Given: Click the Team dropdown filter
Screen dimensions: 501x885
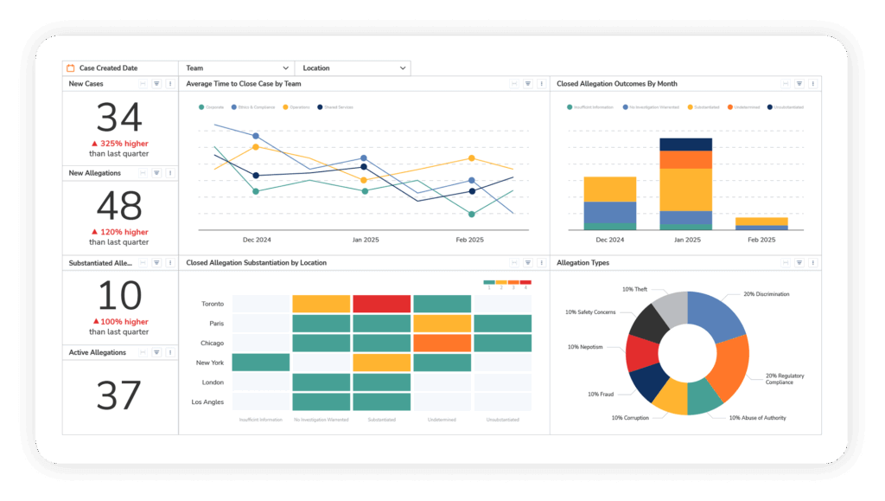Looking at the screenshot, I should tap(237, 67).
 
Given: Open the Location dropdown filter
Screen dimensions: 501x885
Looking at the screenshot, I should tap(353, 67).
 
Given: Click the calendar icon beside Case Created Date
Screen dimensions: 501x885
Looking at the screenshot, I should tap(71, 67).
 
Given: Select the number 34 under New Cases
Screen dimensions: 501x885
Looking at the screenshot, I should tap(119, 119).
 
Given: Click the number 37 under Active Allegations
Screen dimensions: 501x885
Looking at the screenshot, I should tap(119, 396).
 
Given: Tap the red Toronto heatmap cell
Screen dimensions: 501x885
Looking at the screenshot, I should tap(381, 304).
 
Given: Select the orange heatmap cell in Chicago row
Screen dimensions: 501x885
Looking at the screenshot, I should tap(442, 343).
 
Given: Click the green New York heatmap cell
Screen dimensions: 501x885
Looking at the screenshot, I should tap(260, 363).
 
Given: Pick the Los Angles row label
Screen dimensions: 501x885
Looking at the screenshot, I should tap(207, 401).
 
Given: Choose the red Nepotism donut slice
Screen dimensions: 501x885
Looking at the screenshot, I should tap(642, 353).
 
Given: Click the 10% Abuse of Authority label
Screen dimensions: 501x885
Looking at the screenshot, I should tap(758, 417).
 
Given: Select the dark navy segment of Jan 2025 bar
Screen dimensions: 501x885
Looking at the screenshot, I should tap(685, 145).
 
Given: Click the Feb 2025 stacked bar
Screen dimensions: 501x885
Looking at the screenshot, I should tap(761, 222).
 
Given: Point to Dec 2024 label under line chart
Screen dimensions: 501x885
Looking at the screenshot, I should tap(257, 240).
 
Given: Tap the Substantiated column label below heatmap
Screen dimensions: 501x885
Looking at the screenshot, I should tap(381, 420).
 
